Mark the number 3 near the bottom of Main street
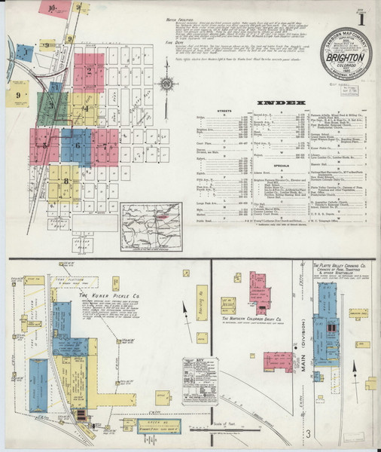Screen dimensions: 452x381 (308, 433)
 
